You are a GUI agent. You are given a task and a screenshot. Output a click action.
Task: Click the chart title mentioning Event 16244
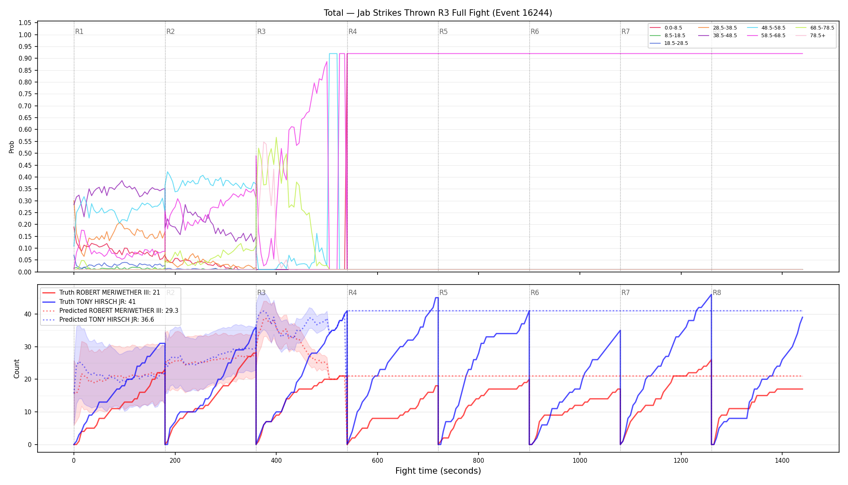(438, 13)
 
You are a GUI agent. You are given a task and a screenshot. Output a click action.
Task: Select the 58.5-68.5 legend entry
(766, 36)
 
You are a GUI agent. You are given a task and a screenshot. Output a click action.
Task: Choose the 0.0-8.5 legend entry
(666, 28)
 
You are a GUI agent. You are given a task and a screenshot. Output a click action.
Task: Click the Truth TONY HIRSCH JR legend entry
(89, 302)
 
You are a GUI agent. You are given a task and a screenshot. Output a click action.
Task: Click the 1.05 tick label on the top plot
(25, 23)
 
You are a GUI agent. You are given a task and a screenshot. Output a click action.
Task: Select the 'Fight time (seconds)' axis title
(438, 471)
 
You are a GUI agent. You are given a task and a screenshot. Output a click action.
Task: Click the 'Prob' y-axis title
(12, 147)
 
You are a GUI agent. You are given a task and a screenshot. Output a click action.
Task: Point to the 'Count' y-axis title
(17, 369)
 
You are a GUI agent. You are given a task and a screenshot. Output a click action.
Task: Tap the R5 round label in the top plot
(443, 32)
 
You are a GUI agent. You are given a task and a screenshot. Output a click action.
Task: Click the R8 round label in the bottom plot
(717, 293)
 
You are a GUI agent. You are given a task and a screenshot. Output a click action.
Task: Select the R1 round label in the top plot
(79, 32)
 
